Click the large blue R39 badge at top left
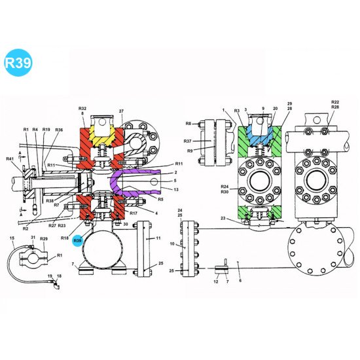tap(17, 63)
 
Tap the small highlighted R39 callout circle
tap(78, 241)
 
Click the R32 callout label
tap(82, 108)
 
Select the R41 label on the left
tap(10, 160)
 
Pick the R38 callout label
tap(50, 200)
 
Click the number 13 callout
tap(177, 189)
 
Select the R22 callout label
tap(335, 102)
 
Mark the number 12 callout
tap(216, 281)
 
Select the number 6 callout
tap(240, 281)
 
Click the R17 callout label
tap(133, 213)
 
